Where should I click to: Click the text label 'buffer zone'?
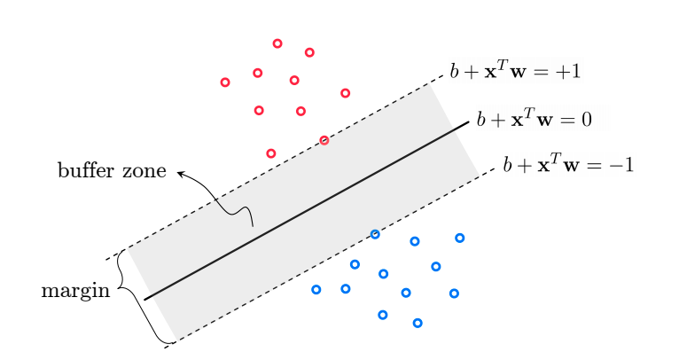click(x=112, y=171)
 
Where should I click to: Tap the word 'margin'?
click(x=75, y=292)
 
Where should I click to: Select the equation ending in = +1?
click(x=515, y=72)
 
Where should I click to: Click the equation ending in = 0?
click(x=534, y=119)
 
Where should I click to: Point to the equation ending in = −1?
click(x=567, y=166)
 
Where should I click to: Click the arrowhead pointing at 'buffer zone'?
click(x=180, y=173)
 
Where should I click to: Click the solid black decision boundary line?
click(x=306, y=211)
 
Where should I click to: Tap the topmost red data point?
click(x=277, y=43)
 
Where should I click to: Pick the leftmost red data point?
click(x=225, y=82)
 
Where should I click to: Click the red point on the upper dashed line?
click(x=324, y=140)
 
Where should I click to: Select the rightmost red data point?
click(x=345, y=93)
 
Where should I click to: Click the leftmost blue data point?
click(x=316, y=289)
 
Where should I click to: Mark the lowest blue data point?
click(x=418, y=323)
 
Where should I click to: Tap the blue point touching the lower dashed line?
click(x=375, y=234)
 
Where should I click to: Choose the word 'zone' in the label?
click(x=144, y=171)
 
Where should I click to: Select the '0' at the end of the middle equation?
click(x=587, y=119)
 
